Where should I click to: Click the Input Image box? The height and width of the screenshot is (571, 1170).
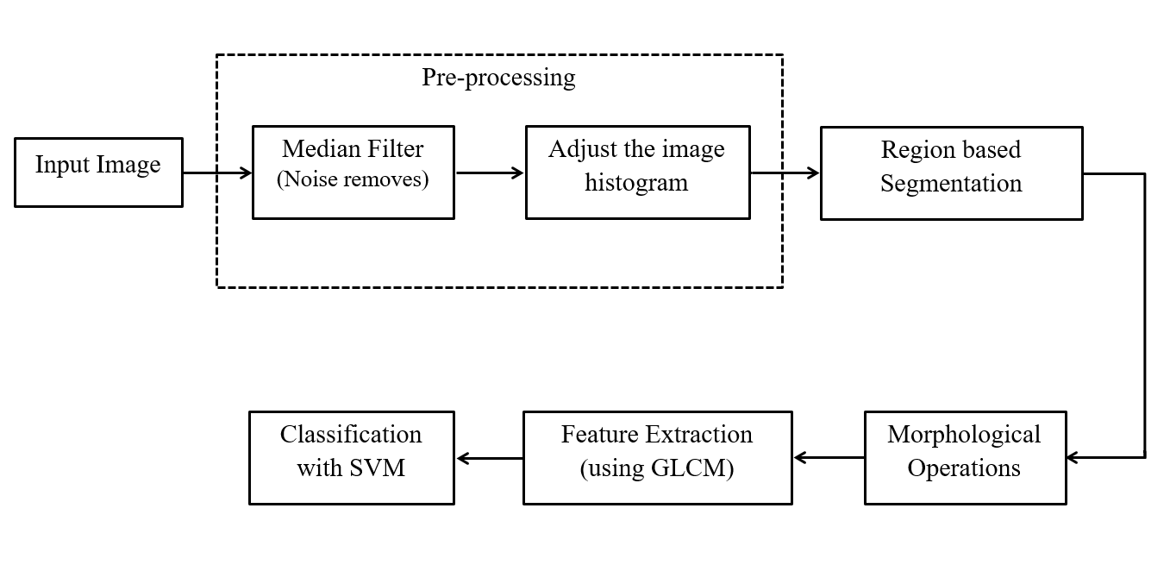pyautogui.click(x=98, y=173)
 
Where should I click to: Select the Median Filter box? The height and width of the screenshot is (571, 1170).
pyautogui.click(x=353, y=173)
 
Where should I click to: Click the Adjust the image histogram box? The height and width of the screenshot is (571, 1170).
pyautogui.click(x=637, y=173)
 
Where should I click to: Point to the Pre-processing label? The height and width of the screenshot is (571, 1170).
pyautogui.click(x=498, y=78)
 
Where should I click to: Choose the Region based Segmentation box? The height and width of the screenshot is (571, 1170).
pyautogui.click(x=951, y=173)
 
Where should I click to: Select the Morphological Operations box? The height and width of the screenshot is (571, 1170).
pyautogui.click(x=965, y=457)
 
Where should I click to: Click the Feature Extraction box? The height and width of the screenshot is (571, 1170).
pyautogui.click(x=657, y=457)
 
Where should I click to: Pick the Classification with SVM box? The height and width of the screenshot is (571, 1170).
pyautogui.click(x=351, y=457)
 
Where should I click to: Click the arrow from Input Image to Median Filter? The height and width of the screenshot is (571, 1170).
pyautogui.click(x=217, y=173)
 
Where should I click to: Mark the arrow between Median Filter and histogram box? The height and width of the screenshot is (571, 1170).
pyautogui.click(x=490, y=173)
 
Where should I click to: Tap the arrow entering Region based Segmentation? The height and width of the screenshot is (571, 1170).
pyautogui.click(x=785, y=173)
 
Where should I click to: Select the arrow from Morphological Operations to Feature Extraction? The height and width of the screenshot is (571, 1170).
pyautogui.click(x=829, y=458)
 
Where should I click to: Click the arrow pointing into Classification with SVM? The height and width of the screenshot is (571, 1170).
pyautogui.click(x=489, y=458)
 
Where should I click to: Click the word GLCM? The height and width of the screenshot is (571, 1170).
pyautogui.click(x=692, y=469)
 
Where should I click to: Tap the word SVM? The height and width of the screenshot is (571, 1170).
pyautogui.click(x=377, y=468)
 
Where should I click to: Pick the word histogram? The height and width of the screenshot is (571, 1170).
pyautogui.click(x=636, y=183)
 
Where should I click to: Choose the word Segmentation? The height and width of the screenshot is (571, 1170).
pyautogui.click(x=951, y=184)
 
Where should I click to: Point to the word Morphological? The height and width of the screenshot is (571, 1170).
pyautogui.click(x=964, y=434)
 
